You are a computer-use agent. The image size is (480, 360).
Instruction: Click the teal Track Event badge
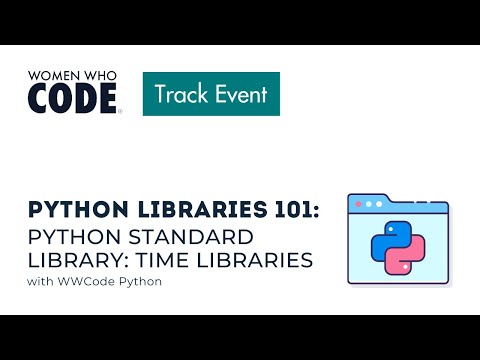coord(211,94)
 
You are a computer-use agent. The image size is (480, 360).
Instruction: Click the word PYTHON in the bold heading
coord(73,211)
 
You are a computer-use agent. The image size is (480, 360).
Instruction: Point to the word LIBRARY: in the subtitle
coord(81,261)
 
